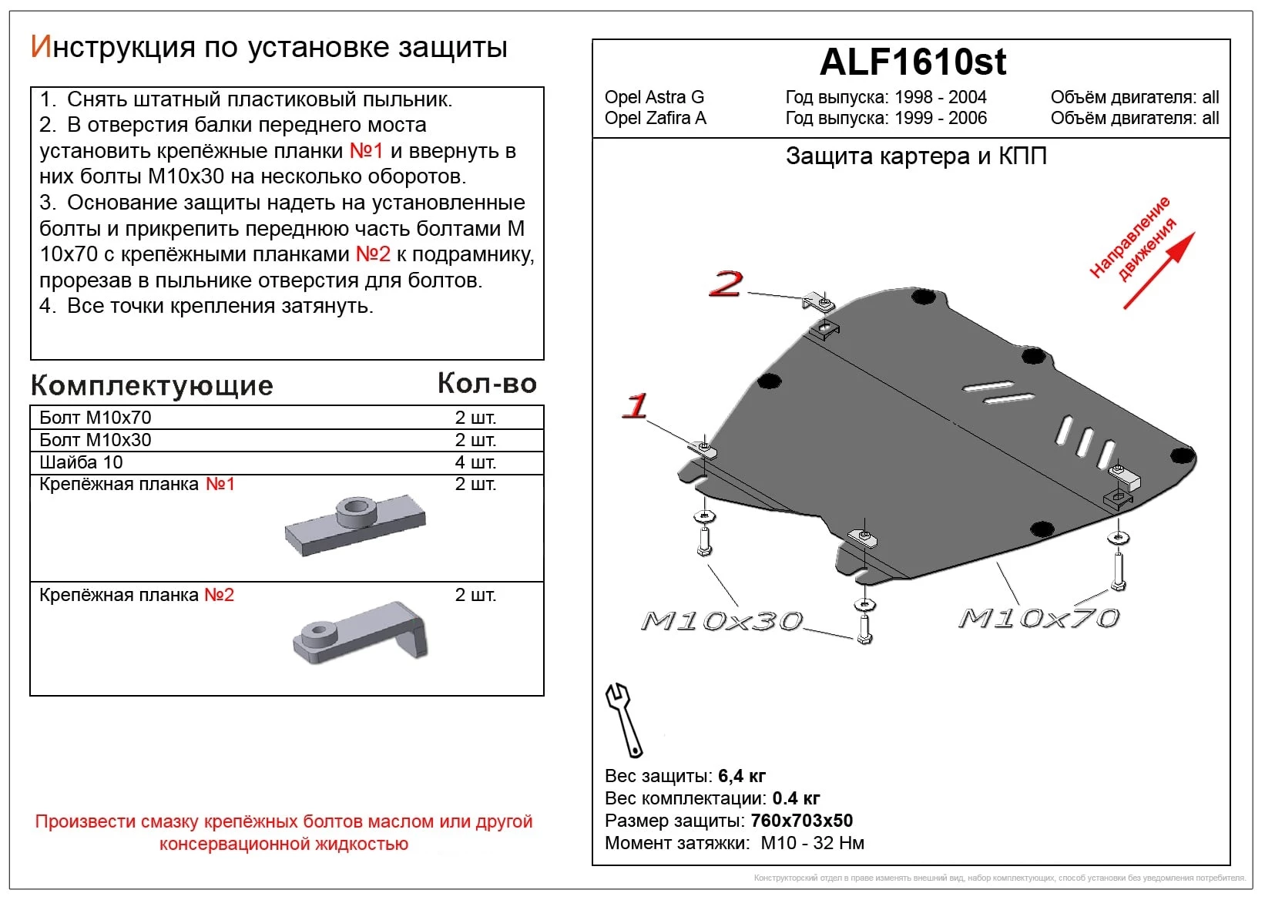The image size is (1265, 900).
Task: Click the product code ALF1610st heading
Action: (912, 62)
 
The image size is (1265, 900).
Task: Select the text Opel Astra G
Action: (654, 97)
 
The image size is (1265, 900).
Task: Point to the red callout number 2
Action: (726, 284)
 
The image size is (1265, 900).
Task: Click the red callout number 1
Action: (636, 405)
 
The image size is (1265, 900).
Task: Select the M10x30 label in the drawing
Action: (722, 620)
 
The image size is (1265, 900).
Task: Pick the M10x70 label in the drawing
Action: (1039, 617)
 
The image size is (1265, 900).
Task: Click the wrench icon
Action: (623, 720)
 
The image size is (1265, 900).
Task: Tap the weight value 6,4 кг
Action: (741, 776)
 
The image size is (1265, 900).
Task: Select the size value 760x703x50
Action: (801, 821)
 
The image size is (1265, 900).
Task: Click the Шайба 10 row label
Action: (81, 462)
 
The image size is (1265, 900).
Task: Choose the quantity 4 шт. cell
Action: (475, 462)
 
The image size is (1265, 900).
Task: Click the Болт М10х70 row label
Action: (96, 418)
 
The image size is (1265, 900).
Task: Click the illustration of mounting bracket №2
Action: (361, 633)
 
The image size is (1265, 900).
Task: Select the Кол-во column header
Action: (487, 383)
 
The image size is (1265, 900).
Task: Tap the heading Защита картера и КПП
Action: (915, 156)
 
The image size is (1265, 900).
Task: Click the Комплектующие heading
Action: (152, 385)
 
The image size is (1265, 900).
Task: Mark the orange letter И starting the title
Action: (40, 47)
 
